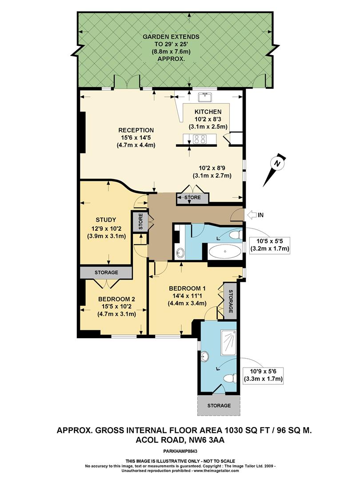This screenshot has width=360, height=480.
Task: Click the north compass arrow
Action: pyautogui.click(x=273, y=171)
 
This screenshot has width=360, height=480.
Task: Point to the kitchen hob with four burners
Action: pyautogui.click(x=200, y=139)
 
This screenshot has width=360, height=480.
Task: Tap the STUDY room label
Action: pyautogui.click(x=106, y=220)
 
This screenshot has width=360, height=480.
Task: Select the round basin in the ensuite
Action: pyautogui.click(x=205, y=357)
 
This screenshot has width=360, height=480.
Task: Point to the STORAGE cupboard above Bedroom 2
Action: pyautogui.click(x=106, y=272)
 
